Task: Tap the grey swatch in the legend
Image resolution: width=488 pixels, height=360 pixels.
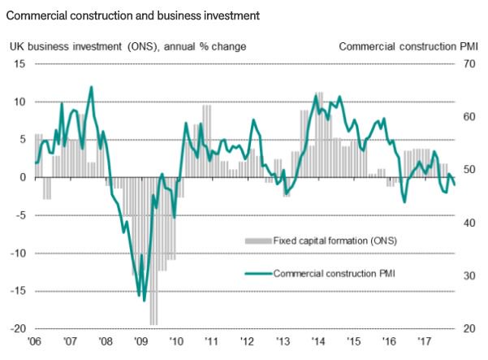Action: (x=258, y=241)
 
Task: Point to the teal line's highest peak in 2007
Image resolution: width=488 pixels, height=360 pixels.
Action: (x=91, y=87)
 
